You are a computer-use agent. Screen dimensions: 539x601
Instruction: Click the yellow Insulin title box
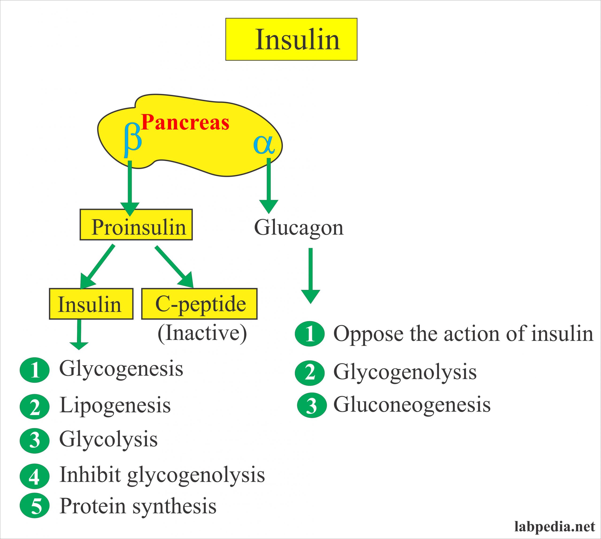(291, 39)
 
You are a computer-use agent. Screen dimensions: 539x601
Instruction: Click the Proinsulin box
(136, 224)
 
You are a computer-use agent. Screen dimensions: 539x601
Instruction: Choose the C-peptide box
(199, 304)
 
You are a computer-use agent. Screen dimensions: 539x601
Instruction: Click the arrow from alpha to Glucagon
(269, 185)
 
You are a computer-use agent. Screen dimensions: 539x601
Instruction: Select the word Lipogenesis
(115, 405)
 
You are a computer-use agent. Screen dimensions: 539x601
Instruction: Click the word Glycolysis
(108, 439)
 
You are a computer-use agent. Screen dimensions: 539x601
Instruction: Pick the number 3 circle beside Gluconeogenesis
(311, 405)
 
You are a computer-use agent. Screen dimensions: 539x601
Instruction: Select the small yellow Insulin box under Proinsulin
(91, 304)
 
